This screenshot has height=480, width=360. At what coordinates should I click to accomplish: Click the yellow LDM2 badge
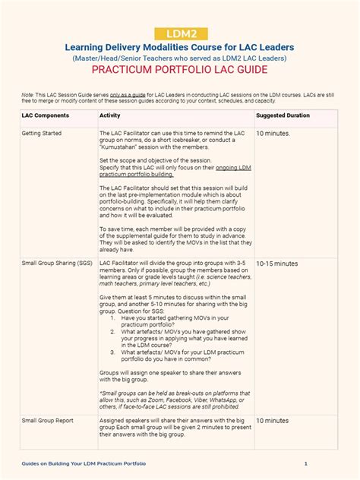tap(180, 33)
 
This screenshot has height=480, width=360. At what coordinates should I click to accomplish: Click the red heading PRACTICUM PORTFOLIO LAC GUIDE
tap(180, 71)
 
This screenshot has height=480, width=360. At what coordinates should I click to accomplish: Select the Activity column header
tap(110, 115)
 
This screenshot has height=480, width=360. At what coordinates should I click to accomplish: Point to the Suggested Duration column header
tap(283, 115)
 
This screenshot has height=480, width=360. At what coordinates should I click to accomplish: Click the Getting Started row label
tap(42, 133)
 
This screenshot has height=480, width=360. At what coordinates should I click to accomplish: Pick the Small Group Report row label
tap(48, 419)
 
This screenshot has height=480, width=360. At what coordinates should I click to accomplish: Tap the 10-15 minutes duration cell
tap(277, 264)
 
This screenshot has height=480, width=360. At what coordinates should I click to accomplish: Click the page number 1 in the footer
tap(306, 463)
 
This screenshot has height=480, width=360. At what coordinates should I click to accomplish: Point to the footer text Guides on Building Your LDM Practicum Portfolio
tap(84, 463)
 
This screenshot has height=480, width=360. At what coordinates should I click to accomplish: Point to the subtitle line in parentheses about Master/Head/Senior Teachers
tap(180, 57)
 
